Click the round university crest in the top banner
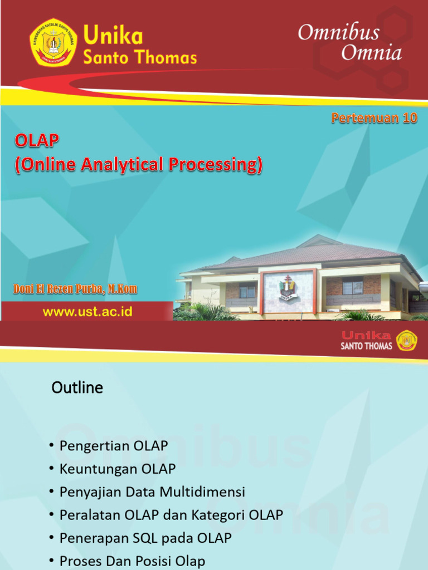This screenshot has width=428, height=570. point(53,42)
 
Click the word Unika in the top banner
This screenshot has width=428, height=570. point(113,37)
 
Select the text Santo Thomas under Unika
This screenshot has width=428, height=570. point(140,57)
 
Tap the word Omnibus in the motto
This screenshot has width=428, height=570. point(338,33)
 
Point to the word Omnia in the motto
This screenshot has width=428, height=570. point(371,53)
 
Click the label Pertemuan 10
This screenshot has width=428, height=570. point(374,118)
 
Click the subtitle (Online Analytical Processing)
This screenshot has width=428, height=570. point(138,165)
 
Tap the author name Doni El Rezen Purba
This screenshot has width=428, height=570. point(75,289)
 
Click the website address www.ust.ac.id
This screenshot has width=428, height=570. point(87,312)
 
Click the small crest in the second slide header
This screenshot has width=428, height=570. point(406,340)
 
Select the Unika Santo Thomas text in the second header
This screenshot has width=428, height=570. point(366,340)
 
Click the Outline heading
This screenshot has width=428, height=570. point(77,387)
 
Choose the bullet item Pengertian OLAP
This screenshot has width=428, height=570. point(114,446)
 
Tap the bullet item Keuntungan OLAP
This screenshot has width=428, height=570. point(118,469)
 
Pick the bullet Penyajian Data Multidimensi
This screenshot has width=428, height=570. point(152,492)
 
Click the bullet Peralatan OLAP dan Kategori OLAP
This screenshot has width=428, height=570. point(171,515)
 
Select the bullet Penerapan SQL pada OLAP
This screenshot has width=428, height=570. point(145,538)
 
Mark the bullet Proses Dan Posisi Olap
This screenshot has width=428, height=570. point(132,561)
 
